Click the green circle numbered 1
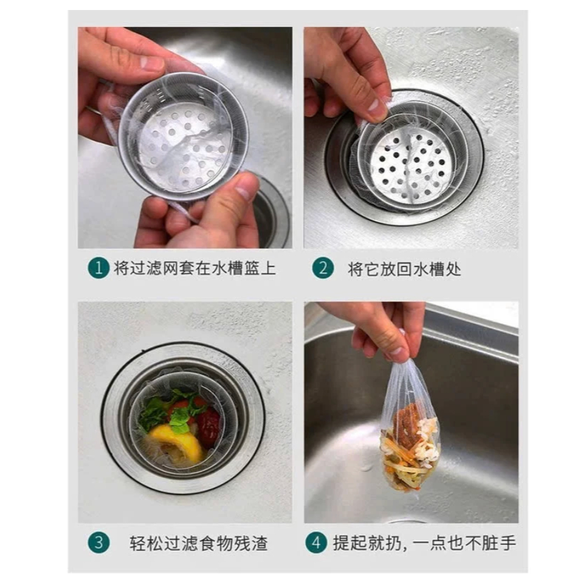[x=98, y=268]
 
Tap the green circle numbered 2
[x=323, y=268]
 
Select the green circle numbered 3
[x=98, y=542]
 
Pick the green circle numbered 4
[x=316, y=542]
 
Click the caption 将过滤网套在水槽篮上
[x=195, y=268]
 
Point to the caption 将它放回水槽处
[x=405, y=269]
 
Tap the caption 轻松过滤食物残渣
[x=199, y=543]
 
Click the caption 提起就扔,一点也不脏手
[x=424, y=543]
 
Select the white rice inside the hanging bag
[x=426, y=439]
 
